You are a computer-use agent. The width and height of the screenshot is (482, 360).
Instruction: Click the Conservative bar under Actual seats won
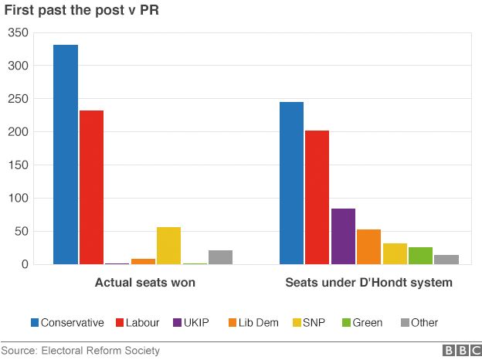point(66,155)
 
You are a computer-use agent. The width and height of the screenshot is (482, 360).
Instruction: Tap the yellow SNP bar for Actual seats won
point(168,246)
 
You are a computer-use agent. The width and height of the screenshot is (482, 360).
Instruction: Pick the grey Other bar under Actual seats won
point(220,257)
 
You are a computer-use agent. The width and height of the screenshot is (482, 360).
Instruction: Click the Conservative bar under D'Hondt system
point(291,183)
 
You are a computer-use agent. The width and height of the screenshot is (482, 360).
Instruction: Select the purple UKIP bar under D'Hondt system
point(343,236)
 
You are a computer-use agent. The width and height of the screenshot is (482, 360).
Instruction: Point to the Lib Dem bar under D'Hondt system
point(368,246)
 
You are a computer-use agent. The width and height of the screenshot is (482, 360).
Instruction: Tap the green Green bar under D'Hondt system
point(420,256)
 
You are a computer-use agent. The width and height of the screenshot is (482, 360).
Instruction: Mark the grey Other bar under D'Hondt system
point(446,260)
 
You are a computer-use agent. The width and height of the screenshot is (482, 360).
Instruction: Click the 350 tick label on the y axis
point(18,32)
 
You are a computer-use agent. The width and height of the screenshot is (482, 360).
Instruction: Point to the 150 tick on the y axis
point(18,165)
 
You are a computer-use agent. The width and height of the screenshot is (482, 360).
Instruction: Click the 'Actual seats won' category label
point(144,283)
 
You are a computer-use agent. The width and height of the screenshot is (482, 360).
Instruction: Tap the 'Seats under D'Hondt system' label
point(368,283)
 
